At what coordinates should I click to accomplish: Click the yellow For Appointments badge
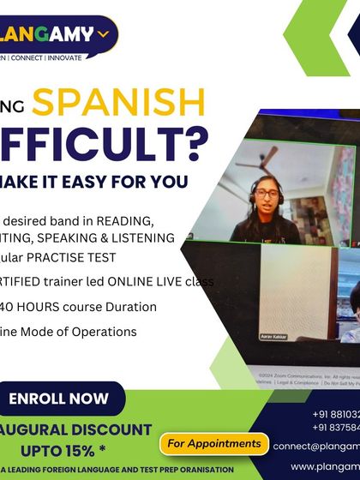click(213, 443)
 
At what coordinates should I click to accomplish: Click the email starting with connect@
click(316, 446)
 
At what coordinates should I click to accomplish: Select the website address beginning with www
click(325, 465)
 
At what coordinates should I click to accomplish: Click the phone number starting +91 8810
click(335, 413)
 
